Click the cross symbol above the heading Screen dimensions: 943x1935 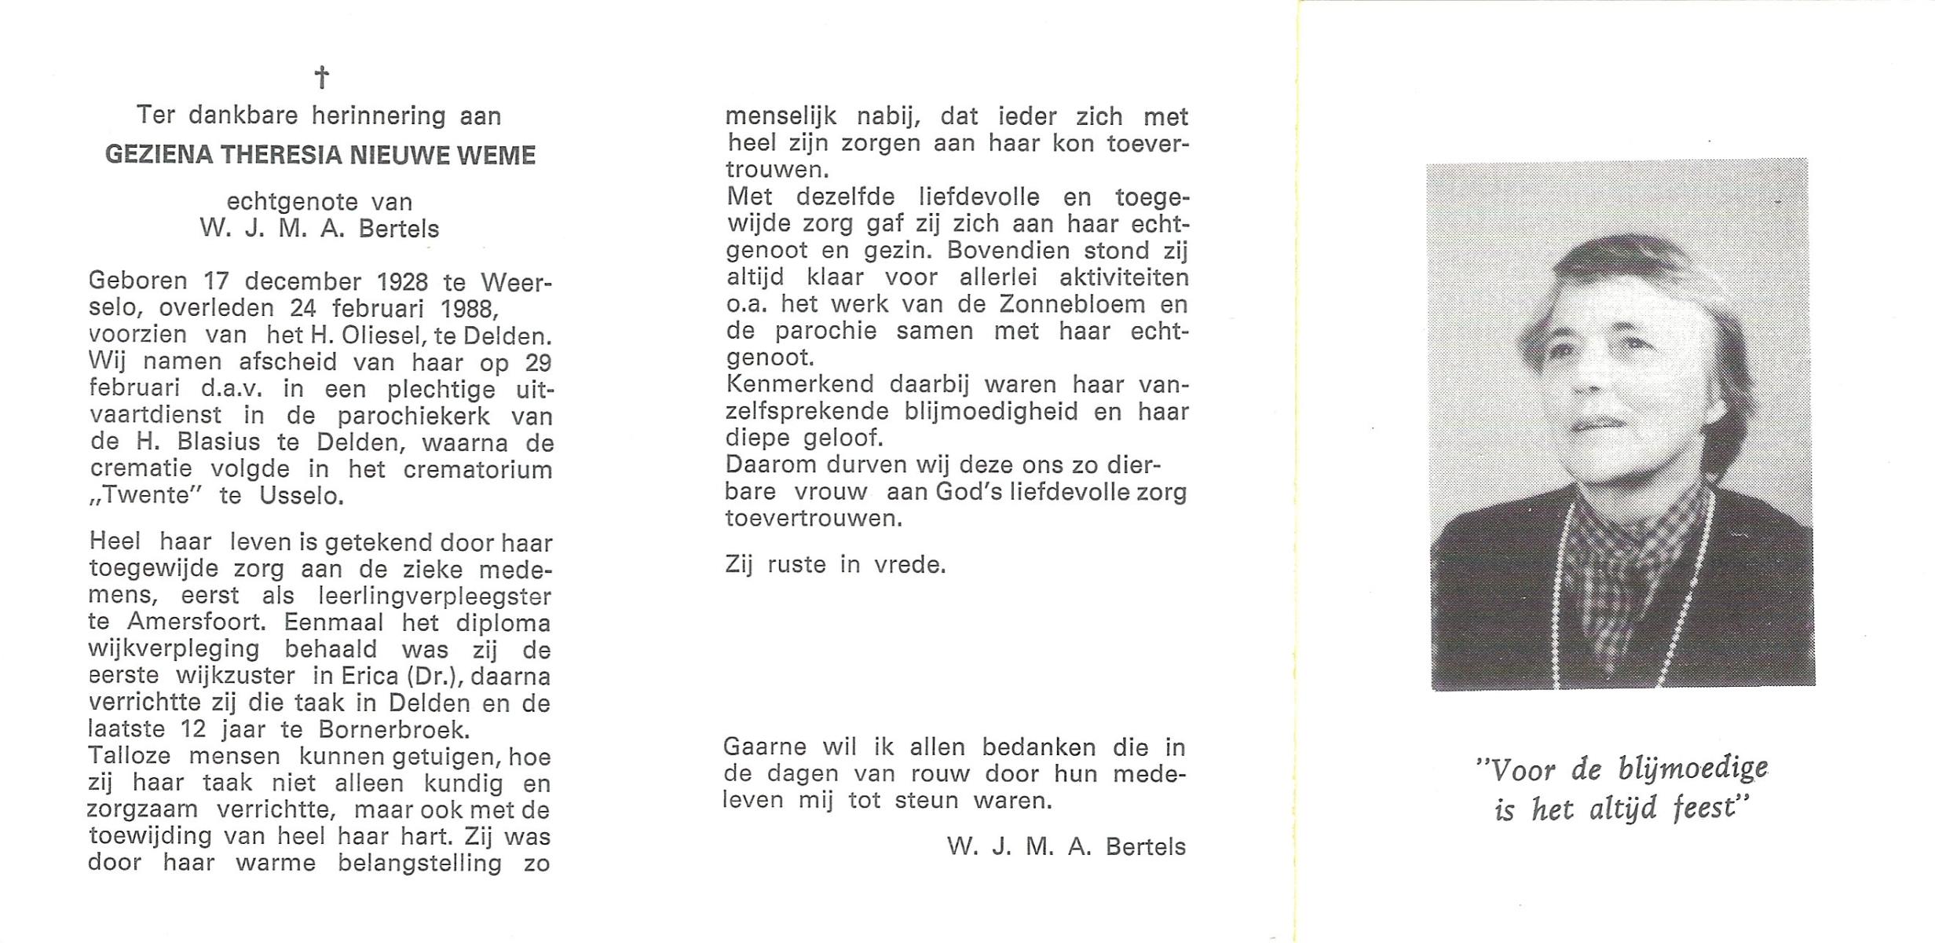(x=321, y=77)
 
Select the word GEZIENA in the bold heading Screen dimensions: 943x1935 (x=159, y=155)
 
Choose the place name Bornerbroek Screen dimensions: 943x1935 (x=393, y=730)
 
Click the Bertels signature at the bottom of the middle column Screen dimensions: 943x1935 (x=1145, y=846)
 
